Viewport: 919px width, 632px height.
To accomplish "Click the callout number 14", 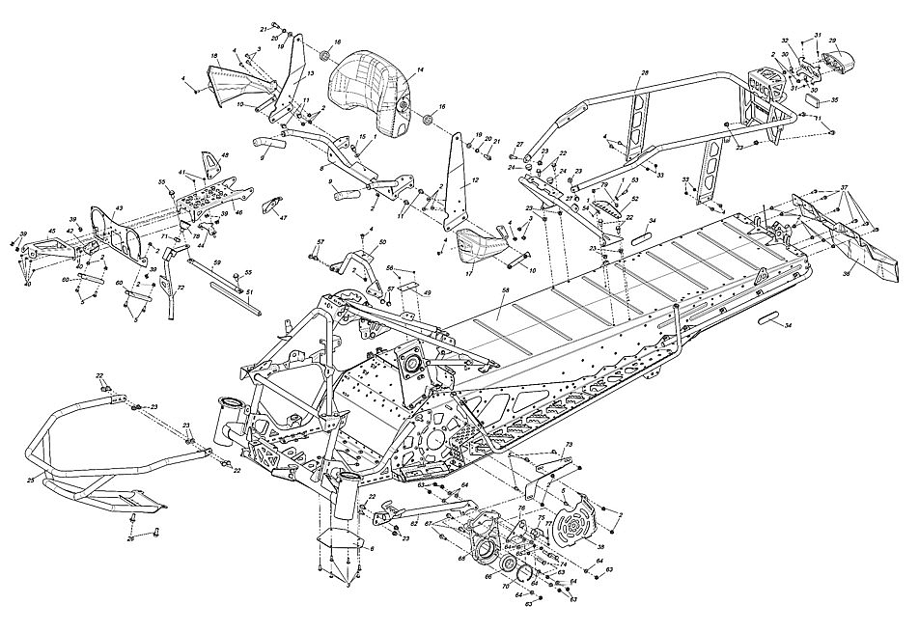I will click(x=420, y=69).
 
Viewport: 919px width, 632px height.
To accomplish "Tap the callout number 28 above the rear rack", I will click(x=645, y=73).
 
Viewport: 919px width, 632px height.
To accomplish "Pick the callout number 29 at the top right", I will click(x=832, y=41).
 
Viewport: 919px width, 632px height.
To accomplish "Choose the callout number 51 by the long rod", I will click(x=250, y=292).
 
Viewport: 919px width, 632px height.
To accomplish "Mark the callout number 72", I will click(x=181, y=288).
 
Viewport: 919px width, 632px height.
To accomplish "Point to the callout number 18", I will click(x=214, y=55).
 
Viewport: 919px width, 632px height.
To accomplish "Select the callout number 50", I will click(x=382, y=242).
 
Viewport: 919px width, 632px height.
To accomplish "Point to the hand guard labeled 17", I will click(x=481, y=245).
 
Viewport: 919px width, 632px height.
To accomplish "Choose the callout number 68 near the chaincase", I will click(x=461, y=557).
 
